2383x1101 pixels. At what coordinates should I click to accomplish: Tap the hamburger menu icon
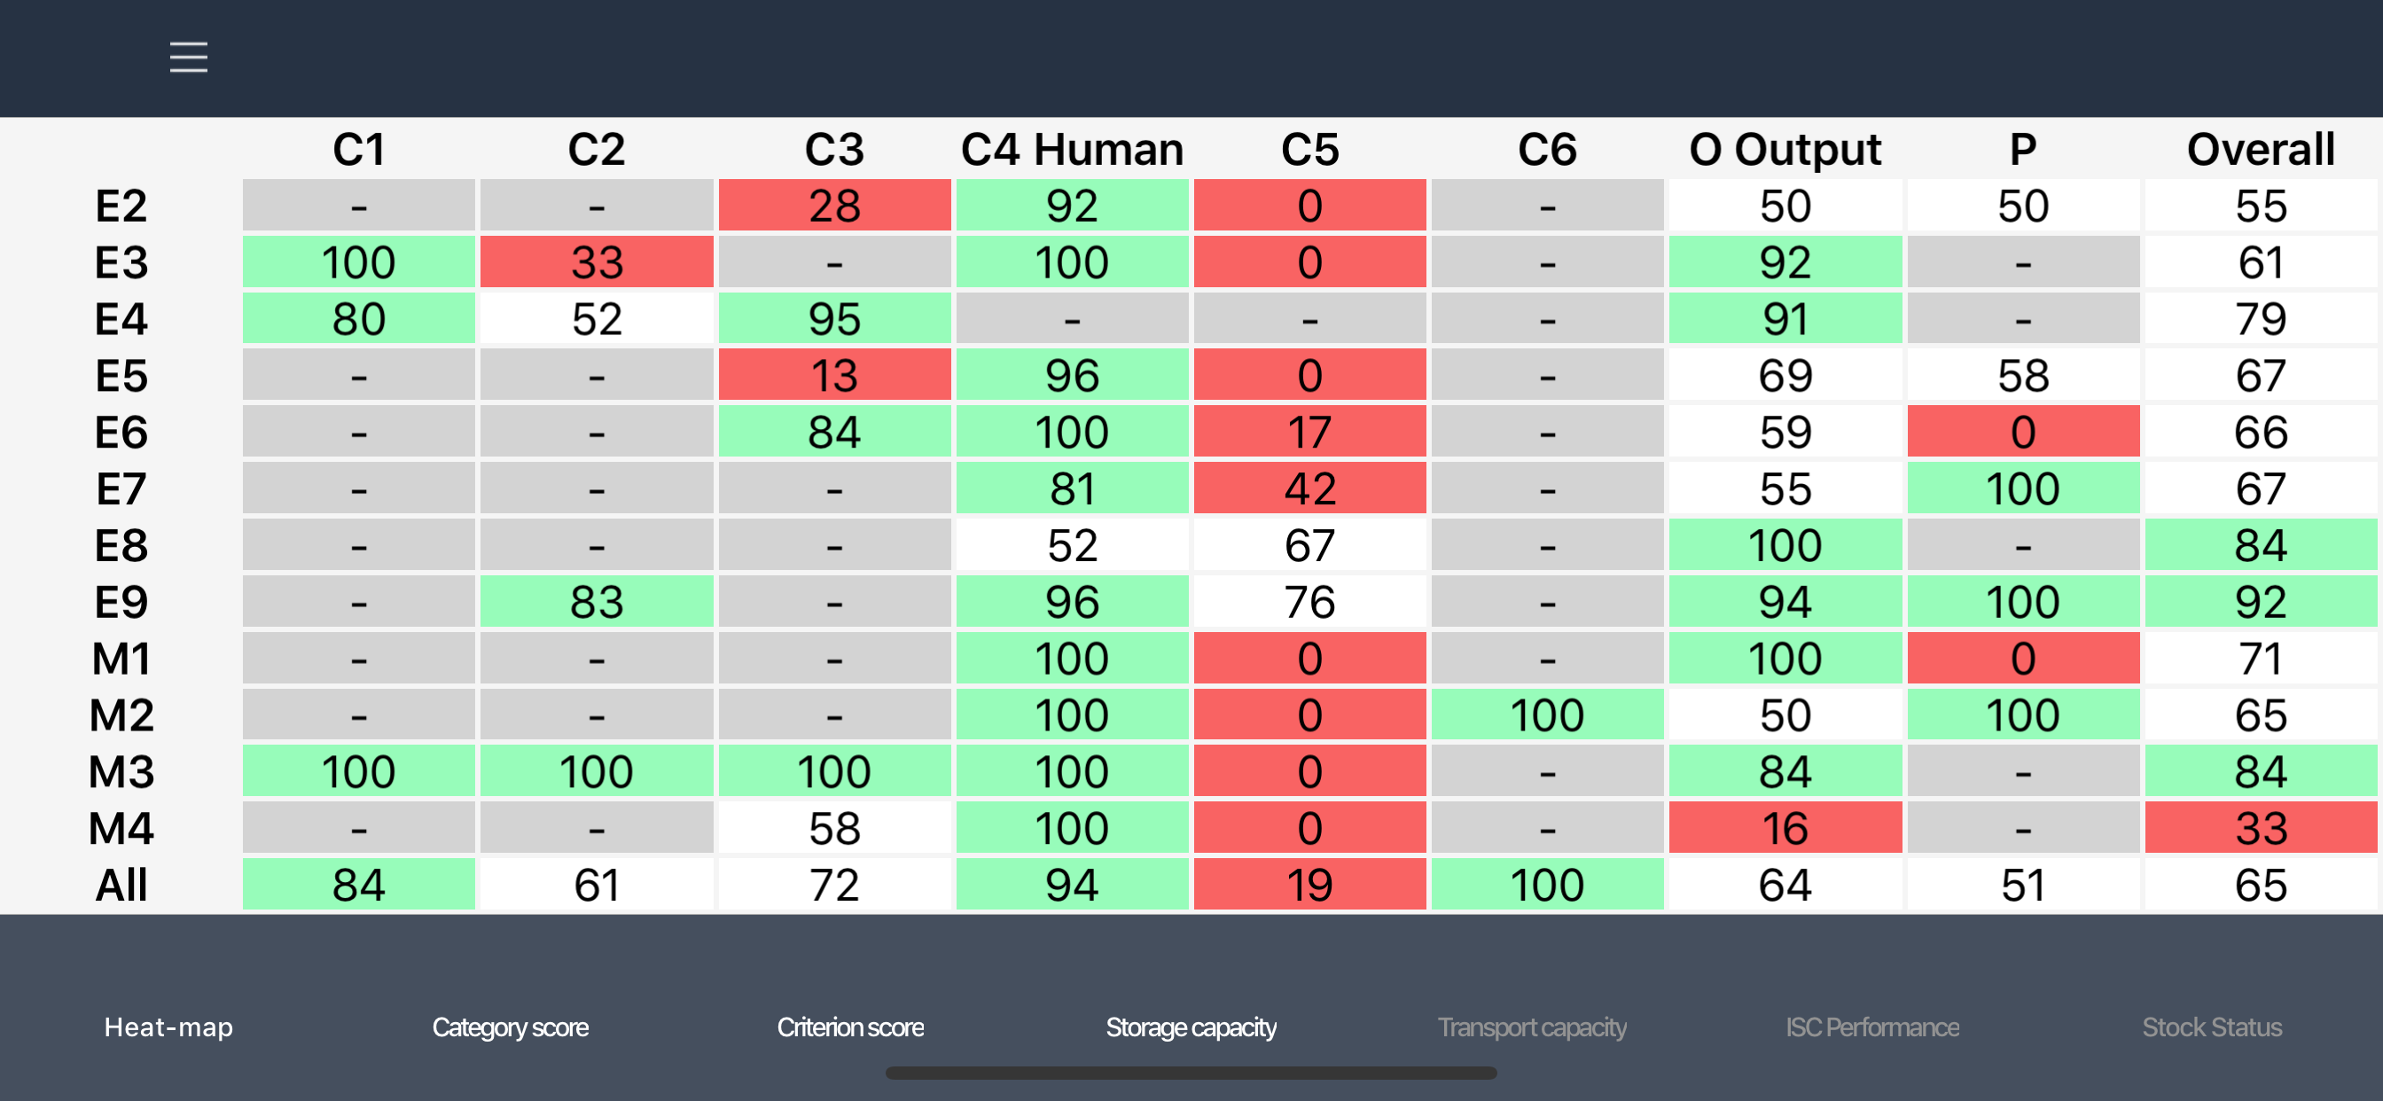189,58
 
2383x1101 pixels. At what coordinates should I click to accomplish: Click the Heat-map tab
168,1027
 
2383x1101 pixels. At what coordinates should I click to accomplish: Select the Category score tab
510,1027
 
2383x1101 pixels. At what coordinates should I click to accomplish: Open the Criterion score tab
850,1027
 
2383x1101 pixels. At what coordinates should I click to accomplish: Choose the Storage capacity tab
1191,1027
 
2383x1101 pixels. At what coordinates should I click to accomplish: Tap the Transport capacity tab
1532,1027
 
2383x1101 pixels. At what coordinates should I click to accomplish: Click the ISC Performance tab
1872,1027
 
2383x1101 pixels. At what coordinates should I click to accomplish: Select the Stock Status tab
2212,1027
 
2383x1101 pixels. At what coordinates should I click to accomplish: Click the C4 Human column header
1072,149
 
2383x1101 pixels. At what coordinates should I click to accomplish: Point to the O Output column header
1785,149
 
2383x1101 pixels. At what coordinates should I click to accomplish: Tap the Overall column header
2261,149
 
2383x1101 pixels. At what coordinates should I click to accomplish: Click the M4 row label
121,828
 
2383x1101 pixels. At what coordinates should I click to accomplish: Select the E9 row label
121,602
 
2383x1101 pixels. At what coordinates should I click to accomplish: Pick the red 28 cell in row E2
834,206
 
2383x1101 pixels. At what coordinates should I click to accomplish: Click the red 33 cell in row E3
597,262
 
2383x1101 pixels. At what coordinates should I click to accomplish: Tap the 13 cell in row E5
834,376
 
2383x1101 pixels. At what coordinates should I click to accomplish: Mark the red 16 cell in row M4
1785,828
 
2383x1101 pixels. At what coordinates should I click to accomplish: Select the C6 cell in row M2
1548,715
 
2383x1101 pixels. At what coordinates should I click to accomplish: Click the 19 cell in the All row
1310,885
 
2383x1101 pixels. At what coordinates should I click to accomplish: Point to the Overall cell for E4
2261,319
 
